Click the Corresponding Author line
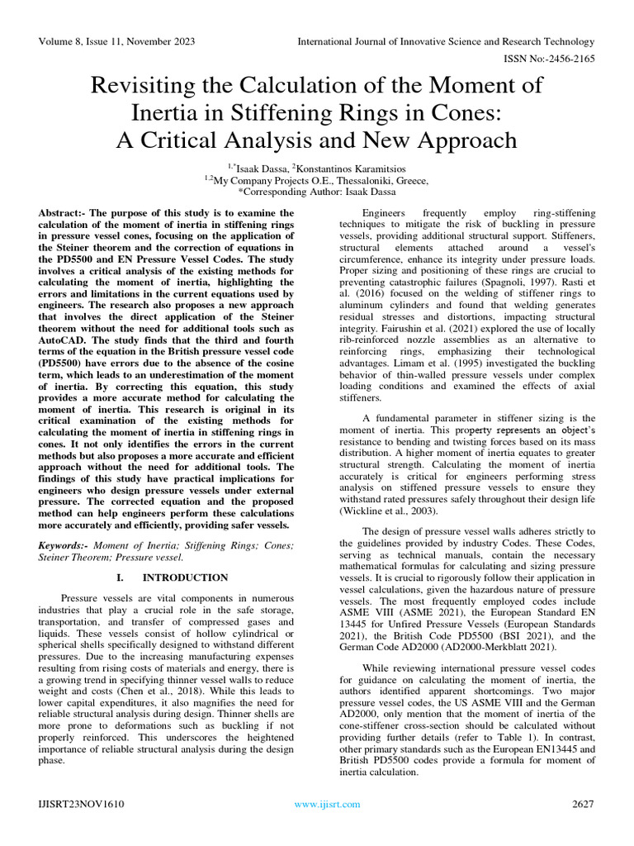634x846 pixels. (316, 192)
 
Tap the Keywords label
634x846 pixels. (64, 546)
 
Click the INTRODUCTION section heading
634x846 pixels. (185, 577)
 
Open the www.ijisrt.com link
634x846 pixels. (327, 804)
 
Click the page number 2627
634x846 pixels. (582, 804)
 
